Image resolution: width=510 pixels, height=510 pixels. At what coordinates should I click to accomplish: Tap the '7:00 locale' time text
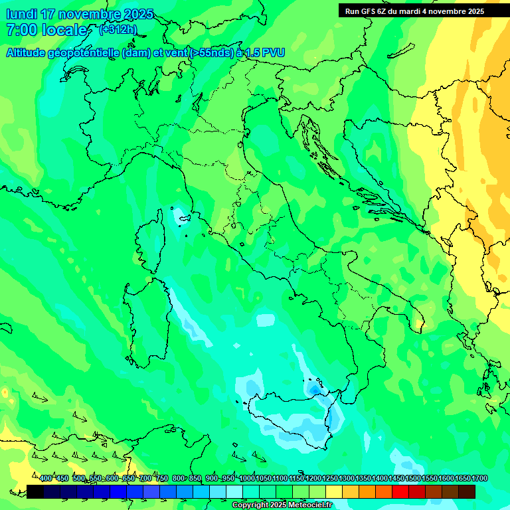(46, 30)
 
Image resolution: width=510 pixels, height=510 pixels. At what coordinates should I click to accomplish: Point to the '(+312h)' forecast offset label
(119, 29)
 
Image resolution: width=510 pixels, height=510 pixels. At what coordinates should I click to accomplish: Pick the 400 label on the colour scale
(46, 479)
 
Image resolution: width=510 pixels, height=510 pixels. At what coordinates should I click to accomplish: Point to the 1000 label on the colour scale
(247, 479)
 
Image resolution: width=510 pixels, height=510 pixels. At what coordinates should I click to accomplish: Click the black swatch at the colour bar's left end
(35, 491)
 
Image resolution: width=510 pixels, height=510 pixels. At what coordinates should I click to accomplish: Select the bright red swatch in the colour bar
(400, 491)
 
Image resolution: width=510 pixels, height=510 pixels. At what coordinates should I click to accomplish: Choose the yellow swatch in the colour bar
(334, 491)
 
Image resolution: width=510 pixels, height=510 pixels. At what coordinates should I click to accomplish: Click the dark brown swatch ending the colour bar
(467, 491)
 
